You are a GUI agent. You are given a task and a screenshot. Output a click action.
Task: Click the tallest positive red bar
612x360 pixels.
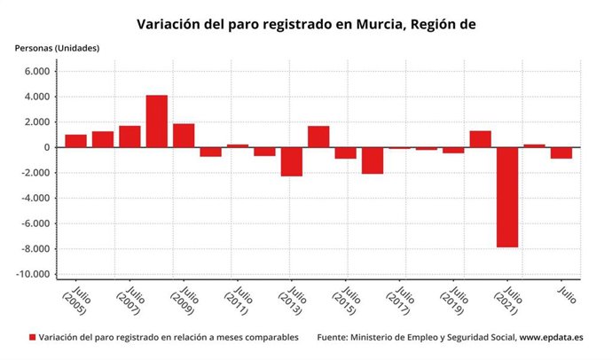156,121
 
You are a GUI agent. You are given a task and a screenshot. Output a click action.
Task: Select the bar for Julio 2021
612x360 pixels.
506,197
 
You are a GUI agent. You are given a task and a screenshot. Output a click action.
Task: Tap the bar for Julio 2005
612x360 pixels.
75,141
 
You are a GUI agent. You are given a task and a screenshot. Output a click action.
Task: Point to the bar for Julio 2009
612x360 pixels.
184,136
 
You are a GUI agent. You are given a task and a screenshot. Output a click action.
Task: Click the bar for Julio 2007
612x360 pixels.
129,137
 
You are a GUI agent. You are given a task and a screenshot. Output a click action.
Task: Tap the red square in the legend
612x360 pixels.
33,338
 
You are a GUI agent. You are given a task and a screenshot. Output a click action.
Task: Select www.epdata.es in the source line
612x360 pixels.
551,338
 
